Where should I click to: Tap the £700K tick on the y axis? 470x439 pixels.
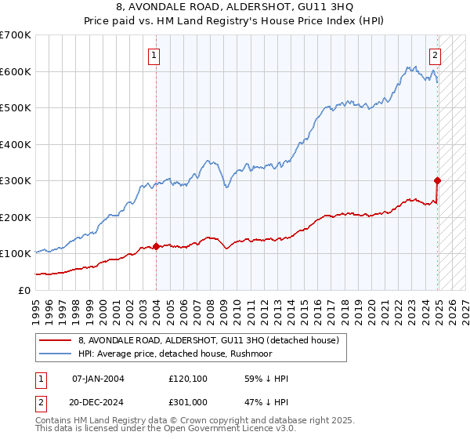[16, 35]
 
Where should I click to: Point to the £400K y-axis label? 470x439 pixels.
[16, 144]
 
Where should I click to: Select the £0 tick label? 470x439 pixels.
[23, 290]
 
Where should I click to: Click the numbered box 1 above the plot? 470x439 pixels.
[155, 55]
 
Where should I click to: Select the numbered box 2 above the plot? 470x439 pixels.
[435, 55]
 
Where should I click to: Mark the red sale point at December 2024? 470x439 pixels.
[437, 180]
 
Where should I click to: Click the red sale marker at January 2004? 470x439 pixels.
[156, 246]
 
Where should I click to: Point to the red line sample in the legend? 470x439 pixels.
[56, 340]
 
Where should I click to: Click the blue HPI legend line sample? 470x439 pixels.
[56, 353]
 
